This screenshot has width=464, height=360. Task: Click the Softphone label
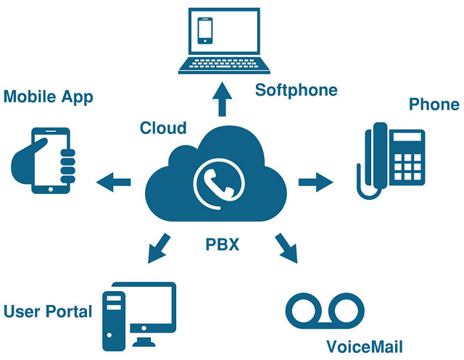pos(297,91)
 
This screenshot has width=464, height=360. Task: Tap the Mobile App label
pos(48,96)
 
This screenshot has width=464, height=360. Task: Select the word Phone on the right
pos(434,104)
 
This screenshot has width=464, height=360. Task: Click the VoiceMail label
pos(365,346)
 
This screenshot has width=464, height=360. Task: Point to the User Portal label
pos(48,312)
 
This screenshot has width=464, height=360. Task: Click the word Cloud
pos(163,128)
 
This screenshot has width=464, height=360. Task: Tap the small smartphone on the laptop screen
pos(206,30)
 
